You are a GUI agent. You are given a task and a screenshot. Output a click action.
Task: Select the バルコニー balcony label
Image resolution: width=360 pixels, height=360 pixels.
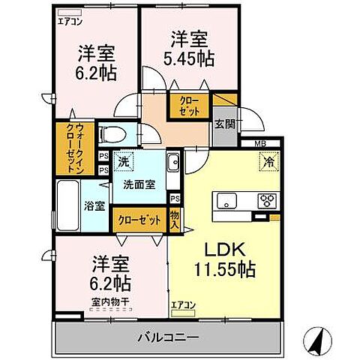[x=169, y=337]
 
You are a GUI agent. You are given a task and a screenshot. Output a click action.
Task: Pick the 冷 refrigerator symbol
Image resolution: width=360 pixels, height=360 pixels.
[x=267, y=160]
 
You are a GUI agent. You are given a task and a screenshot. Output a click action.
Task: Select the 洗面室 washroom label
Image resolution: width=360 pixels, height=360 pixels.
[x=140, y=184]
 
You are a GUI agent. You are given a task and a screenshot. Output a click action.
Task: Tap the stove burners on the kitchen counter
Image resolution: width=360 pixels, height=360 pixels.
[x=266, y=200]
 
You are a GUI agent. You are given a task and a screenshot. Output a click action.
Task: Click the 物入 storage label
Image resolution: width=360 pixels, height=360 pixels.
[x=175, y=219]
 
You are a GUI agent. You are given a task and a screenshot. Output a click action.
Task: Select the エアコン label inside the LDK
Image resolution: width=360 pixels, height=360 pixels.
[x=183, y=305]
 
